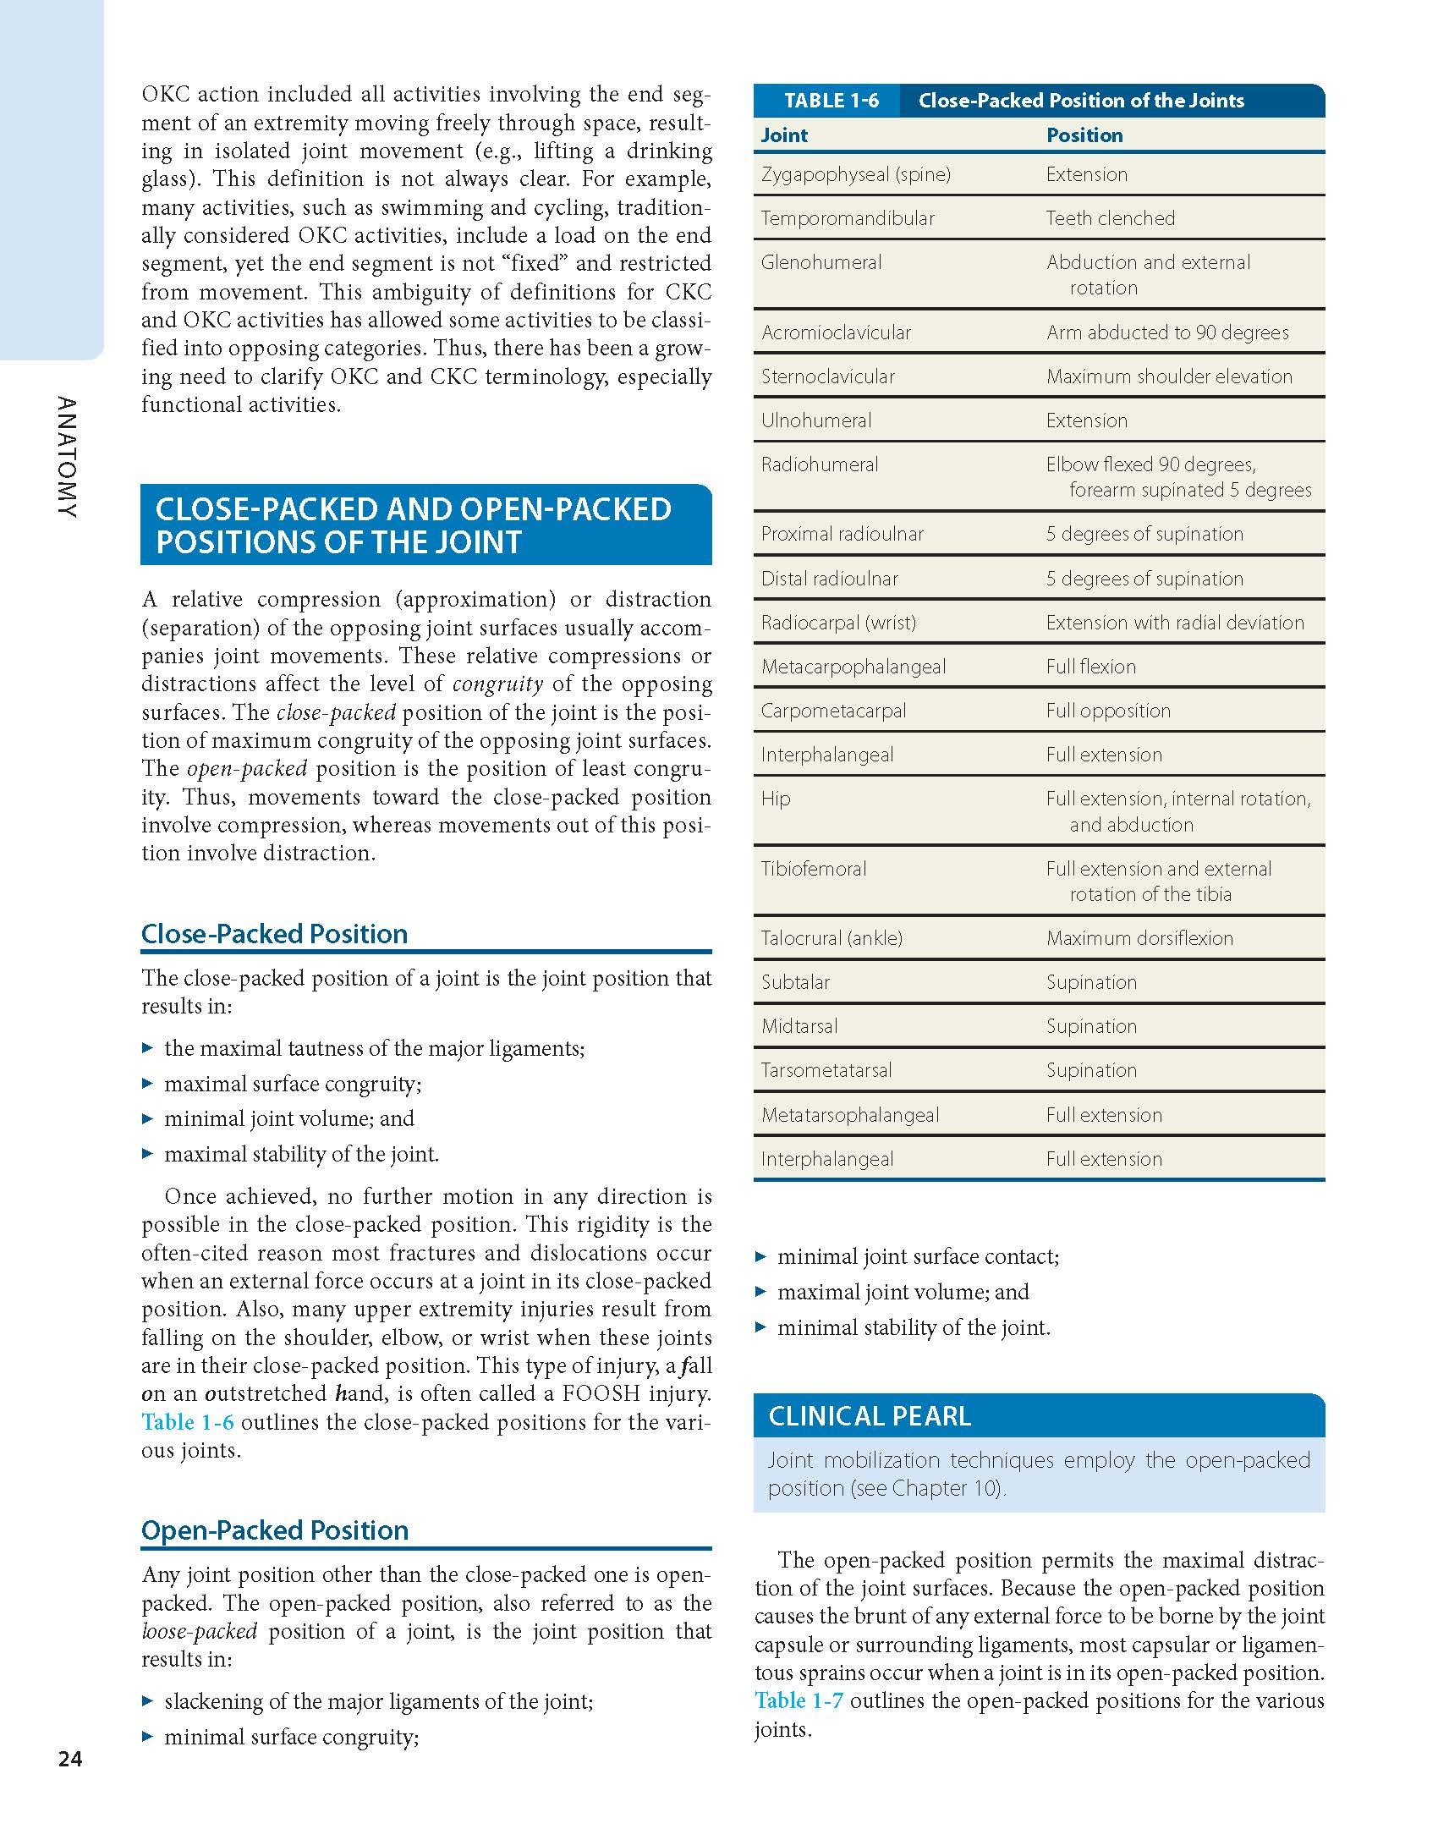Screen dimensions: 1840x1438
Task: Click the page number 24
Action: pos(70,1760)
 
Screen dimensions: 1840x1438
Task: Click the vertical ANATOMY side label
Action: pos(68,458)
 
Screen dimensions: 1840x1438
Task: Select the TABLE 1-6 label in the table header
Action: pos(831,101)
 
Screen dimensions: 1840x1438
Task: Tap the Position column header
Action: pos(1084,135)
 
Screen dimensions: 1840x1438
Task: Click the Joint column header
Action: pos(784,135)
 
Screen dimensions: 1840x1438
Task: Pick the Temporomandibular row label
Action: pos(848,218)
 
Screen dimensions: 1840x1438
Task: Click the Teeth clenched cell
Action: pos(1111,218)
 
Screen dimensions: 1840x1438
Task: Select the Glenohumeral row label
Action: pos(821,262)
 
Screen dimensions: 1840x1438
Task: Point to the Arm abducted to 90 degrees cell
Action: pos(1167,332)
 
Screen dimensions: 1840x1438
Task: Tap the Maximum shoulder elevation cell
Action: pos(1169,376)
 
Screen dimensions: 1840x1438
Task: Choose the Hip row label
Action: pos(776,799)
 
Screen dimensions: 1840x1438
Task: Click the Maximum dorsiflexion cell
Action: pos(1139,938)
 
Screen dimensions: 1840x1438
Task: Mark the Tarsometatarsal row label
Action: pos(826,1070)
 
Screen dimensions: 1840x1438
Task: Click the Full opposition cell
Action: pos(1108,711)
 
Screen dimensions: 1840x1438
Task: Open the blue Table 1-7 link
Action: pos(799,1700)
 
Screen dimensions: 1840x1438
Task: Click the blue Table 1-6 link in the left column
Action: pos(187,1422)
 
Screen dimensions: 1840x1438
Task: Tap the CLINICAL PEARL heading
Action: pos(870,1416)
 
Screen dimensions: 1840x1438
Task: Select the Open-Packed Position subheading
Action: pos(275,1530)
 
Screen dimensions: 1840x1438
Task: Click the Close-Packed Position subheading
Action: pos(274,933)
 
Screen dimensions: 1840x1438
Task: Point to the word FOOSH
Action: pos(616,1393)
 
